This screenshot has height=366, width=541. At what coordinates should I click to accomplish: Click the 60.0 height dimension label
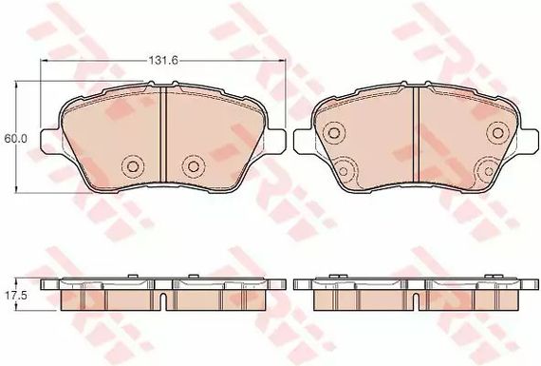13,139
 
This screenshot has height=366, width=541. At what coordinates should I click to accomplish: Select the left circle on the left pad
133,166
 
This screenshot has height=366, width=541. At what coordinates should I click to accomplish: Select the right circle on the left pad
192,166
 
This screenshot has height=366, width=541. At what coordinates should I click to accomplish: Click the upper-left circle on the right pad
334,133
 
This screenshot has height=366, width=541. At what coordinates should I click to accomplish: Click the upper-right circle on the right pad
498,133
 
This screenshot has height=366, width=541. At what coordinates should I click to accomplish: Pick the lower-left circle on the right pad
344,171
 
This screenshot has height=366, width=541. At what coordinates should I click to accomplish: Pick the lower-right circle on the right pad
489,171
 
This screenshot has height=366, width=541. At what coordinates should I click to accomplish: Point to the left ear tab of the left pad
50,141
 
